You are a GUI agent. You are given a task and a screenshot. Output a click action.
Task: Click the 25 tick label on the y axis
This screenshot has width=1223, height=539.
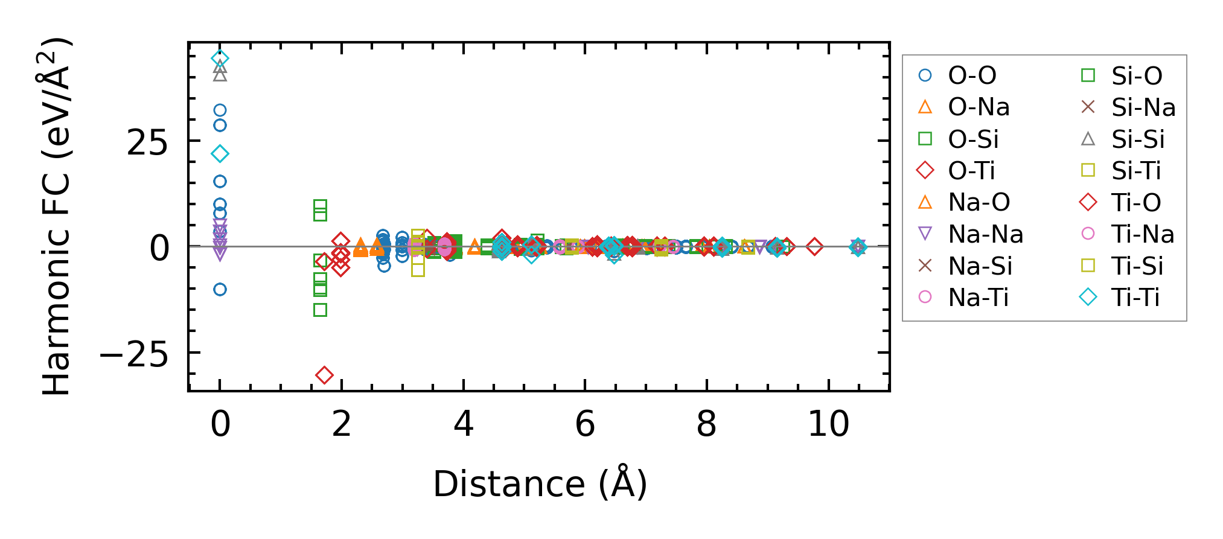point(147,144)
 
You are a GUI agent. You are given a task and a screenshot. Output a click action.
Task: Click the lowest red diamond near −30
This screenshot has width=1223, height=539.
point(324,375)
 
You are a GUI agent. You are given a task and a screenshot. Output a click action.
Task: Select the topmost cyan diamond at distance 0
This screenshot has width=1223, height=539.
point(220,59)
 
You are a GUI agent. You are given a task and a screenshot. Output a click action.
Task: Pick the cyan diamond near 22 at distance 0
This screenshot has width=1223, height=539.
point(220,154)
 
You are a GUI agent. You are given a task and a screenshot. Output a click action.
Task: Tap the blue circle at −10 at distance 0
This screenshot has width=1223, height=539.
point(220,290)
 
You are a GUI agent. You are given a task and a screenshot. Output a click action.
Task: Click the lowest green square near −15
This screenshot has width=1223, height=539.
point(321,310)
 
